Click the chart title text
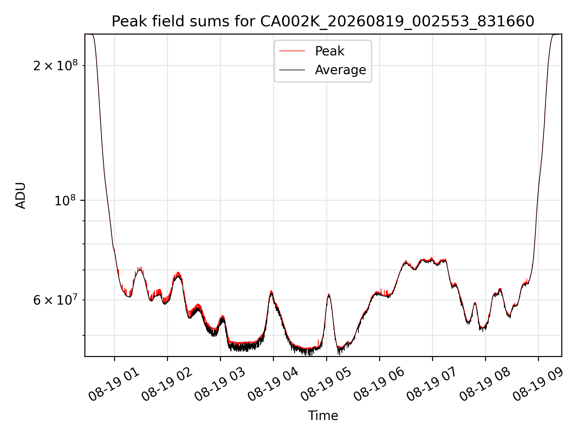323,21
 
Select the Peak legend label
330,51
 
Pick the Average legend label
340,70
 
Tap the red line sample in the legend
292,51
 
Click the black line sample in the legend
292,70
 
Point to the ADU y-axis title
21,195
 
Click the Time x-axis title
323,415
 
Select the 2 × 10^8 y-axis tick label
55,65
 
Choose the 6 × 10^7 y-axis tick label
55,300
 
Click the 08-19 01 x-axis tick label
114,385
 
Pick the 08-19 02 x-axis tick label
167,385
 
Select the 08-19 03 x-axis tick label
220,385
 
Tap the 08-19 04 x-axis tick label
273,385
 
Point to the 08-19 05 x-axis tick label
326,385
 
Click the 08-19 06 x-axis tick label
379,385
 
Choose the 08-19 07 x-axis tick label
432,385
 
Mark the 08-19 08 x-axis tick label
485,385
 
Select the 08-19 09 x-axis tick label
538,385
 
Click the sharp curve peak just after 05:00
329,294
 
